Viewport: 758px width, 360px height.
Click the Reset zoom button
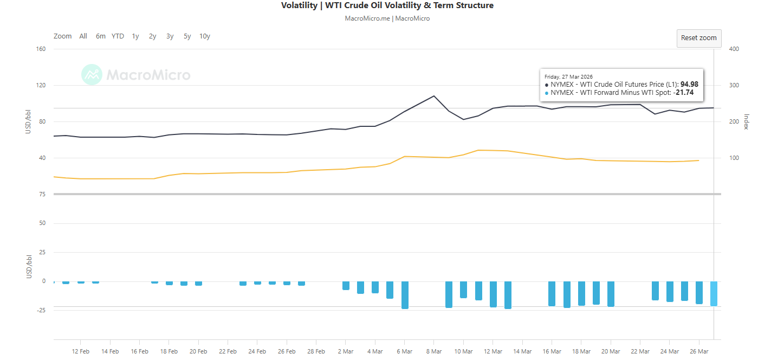(x=698, y=38)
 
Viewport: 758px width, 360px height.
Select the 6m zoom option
(x=101, y=36)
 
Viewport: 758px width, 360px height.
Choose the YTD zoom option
(x=118, y=36)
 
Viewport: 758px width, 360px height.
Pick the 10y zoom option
(x=205, y=36)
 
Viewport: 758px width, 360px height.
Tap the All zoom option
(x=83, y=36)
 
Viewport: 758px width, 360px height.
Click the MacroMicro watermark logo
(x=136, y=75)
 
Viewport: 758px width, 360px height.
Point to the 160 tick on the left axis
(x=41, y=49)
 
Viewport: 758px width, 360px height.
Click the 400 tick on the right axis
(x=734, y=49)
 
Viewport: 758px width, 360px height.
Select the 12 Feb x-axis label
(x=81, y=351)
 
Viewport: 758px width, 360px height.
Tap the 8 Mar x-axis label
(x=434, y=351)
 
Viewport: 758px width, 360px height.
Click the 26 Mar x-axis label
(x=699, y=351)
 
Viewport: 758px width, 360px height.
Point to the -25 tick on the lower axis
(x=40, y=310)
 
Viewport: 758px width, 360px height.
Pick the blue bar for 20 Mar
(x=611, y=293)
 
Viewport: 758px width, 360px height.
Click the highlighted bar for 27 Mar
(x=714, y=293)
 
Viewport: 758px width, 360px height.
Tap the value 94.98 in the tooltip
(x=689, y=84)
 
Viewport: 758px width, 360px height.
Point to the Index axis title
(x=746, y=122)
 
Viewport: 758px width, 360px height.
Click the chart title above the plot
(x=387, y=5)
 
